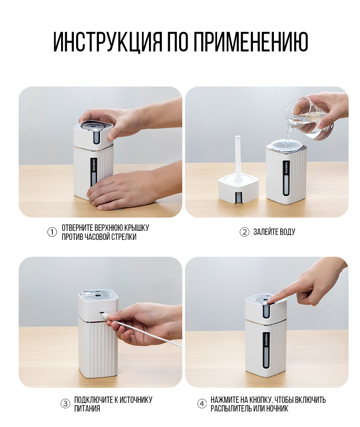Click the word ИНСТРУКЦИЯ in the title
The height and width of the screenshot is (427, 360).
tap(108, 42)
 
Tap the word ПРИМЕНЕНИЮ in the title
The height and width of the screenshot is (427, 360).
tap(251, 42)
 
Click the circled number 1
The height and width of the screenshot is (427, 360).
tap(52, 232)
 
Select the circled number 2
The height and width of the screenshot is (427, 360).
tap(244, 232)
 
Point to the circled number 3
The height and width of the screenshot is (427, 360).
tap(65, 404)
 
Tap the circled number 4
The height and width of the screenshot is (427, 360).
tap(202, 404)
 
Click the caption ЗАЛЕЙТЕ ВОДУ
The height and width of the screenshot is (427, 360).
tap(274, 232)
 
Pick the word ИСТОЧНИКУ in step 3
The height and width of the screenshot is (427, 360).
tap(136, 400)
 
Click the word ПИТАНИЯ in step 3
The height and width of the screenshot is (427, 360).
tap(87, 408)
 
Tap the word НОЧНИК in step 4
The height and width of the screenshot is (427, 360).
tap(277, 408)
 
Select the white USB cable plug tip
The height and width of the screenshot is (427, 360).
tap(105, 315)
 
